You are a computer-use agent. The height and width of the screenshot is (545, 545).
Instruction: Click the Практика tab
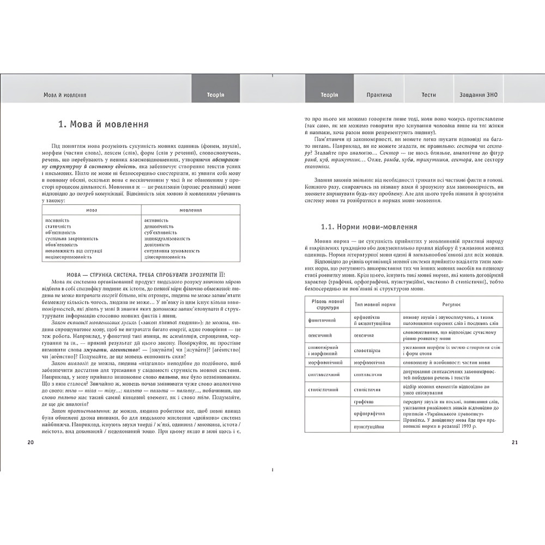pos(379,95)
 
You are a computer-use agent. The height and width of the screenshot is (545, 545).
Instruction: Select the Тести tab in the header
pos(428,95)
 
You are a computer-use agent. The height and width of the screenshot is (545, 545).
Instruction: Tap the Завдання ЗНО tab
pos(478,95)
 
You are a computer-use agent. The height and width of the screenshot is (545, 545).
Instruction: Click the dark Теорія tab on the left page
pos(215,95)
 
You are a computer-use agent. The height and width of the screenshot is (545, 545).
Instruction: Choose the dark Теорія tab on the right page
pos(329,95)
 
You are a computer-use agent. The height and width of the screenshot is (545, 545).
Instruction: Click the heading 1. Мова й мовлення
pos(104,124)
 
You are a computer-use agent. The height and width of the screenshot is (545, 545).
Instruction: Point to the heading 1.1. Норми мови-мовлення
pos(369,227)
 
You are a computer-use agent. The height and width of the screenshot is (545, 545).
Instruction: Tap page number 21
pos(514,442)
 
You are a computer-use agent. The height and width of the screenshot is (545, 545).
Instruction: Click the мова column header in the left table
pos(92,210)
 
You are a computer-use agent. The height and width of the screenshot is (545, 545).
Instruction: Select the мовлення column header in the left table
pos(190,210)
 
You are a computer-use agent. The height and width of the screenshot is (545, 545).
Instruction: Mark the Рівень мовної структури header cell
pos(327,304)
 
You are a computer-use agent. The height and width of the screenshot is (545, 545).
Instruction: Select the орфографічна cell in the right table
pos(370,414)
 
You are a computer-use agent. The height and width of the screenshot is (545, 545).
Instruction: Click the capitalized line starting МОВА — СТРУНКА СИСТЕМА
pos(141,274)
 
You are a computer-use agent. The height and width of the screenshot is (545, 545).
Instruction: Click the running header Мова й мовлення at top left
pos(65,95)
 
